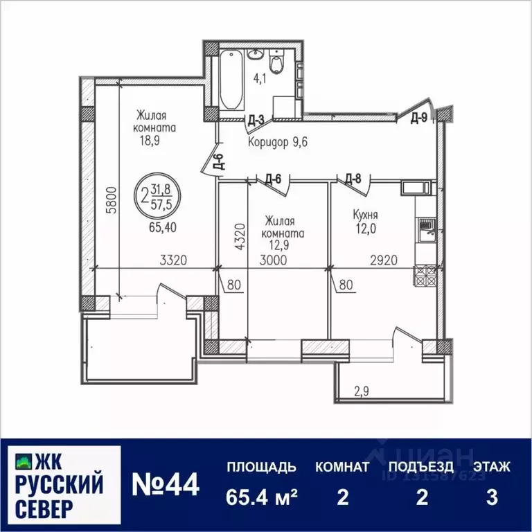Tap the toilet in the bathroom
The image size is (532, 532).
click(x=277, y=64)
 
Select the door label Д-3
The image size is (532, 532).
click(x=256, y=120)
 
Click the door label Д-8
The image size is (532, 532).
click(x=353, y=179)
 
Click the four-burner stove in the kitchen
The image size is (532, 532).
click(x=424, y=276)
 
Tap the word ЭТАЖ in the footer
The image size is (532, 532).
click(x=492, y=467)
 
